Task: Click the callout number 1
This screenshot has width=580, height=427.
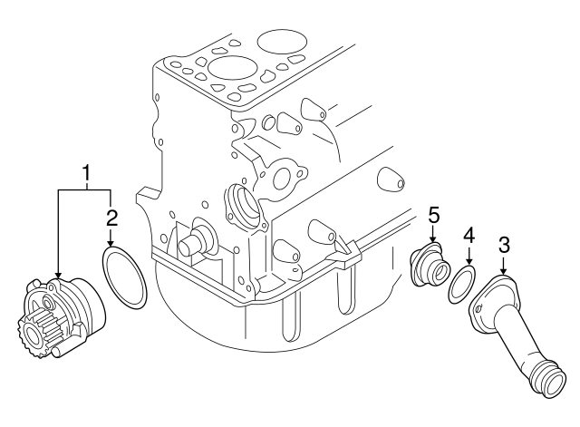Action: (87, 171)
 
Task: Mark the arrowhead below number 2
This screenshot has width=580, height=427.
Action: (111, 245)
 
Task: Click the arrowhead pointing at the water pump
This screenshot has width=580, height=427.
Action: (57, 277)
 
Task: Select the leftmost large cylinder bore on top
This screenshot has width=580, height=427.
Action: (223, 69)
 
